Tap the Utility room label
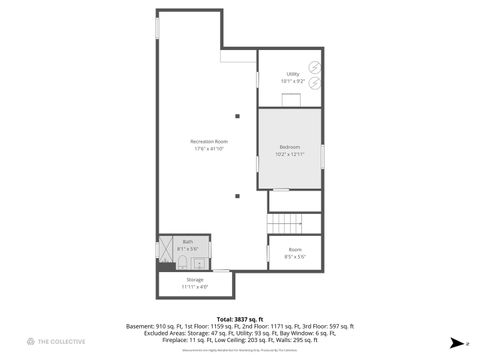pyautogui.click(x=292, y=74)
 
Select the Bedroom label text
pyautogui.click(x=289, y=147)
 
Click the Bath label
pyautogui.click(x=187, y=241)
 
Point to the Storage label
pyautogui.click(x=194, y=280)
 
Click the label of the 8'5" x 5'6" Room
pyautogui.click(x=295, y=249)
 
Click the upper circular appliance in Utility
pyautogui.click(x=314, y=67)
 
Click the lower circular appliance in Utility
pyautogui.click(x=314, y=86)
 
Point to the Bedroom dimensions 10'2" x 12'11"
pyautogui.click(x=289, y=154)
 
